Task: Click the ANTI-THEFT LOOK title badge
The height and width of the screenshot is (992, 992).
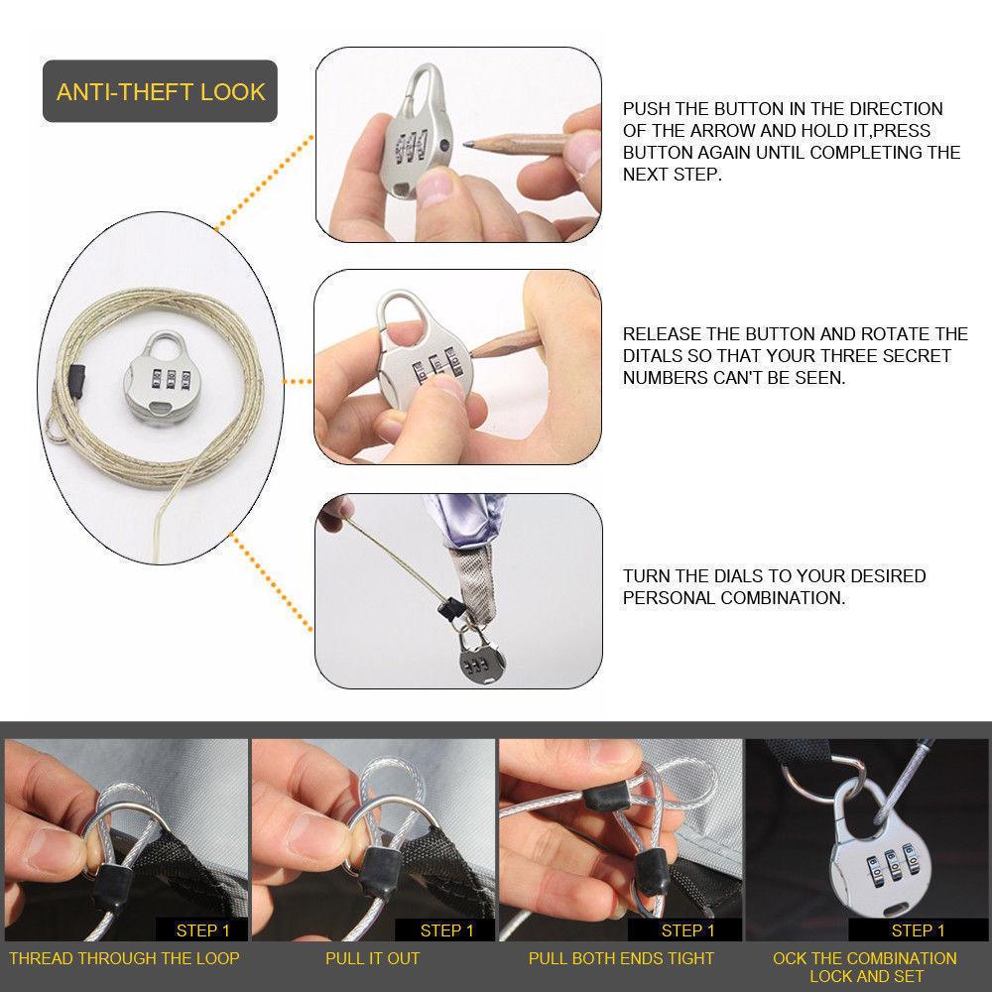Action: (x=160, y=91)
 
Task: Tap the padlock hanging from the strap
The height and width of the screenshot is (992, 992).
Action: (x=481, y=656)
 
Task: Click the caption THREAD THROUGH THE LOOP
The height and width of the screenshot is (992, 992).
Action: (x=124, y=958)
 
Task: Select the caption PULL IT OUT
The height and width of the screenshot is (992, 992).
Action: (x=373, y=958)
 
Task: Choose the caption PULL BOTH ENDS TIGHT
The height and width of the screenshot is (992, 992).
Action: (x=621, y=958)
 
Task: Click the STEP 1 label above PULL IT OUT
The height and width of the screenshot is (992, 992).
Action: (x=446, y=930)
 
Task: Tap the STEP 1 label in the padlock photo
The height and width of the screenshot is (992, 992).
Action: (x=918, y=930)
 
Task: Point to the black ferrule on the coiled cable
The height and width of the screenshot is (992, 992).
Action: (x=76, y=381)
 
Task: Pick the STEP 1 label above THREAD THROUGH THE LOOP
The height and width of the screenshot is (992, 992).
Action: (x=202, y=930)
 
